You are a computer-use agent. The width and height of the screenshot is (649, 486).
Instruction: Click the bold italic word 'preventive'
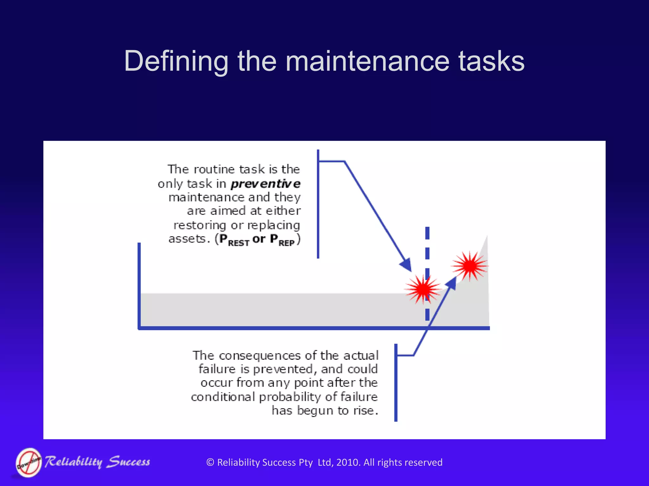tap(266, 184)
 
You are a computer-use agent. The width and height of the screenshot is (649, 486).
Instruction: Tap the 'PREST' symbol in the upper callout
tap(234, 240)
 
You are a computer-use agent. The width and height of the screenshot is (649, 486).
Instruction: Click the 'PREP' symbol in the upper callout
tap(282, 240)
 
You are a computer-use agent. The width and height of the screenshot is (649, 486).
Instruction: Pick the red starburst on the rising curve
tap(470, 266)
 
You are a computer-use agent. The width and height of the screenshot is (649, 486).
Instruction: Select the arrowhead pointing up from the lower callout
tap(451, 283)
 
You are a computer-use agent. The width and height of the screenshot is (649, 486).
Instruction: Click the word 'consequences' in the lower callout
tap(260, 356)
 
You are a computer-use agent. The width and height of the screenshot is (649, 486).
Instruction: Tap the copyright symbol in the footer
tap(210, 463)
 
